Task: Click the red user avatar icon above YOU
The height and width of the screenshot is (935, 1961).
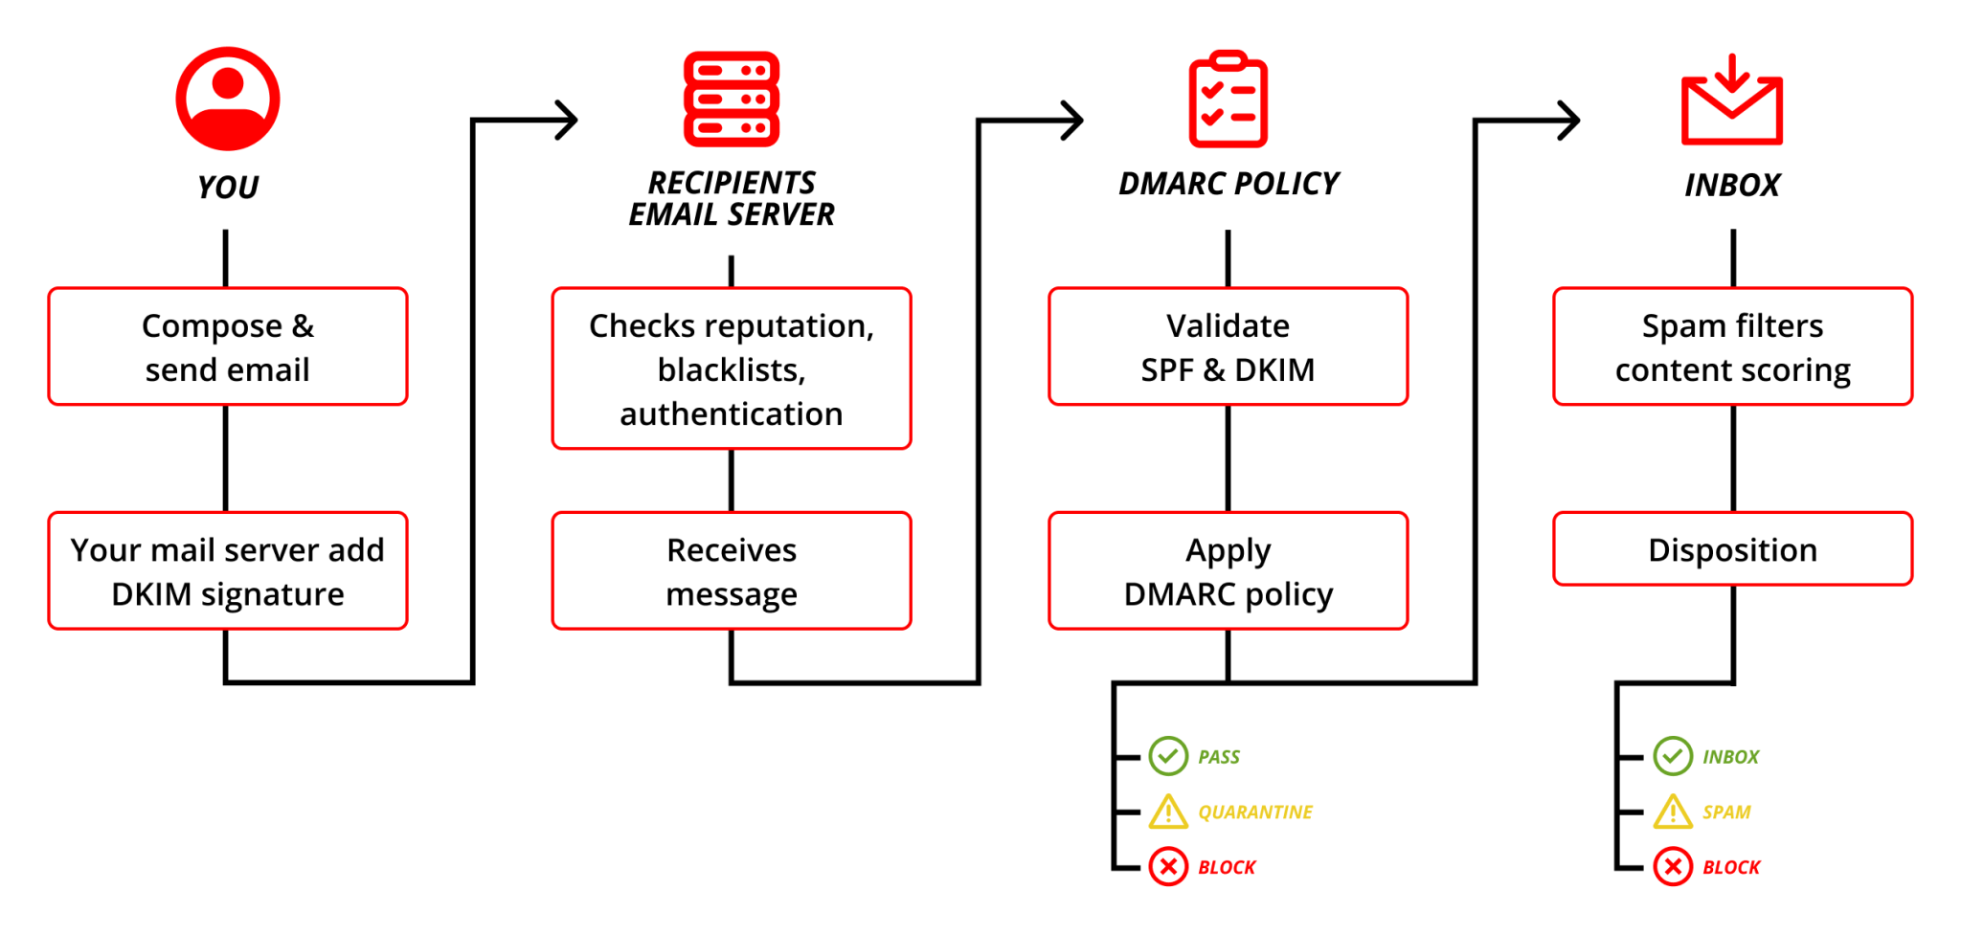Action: point(228,99)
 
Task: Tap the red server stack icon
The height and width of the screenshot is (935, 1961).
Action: point(732,99)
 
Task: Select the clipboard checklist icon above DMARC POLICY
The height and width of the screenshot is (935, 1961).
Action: point(1228,100)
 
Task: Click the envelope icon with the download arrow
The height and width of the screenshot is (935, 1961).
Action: point(1731,101)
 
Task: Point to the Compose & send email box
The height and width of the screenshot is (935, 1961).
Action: point(228,346)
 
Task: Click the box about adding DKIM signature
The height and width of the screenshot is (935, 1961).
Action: point(228,571)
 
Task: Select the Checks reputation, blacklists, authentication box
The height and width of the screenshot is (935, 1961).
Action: point(732,368)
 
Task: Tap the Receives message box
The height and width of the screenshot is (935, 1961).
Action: point(732,571)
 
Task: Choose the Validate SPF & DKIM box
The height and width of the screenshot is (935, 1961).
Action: point(1228,346)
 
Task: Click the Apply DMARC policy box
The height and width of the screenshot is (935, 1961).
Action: point(1228,571)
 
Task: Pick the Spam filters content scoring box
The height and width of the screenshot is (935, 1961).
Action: point(1732,346)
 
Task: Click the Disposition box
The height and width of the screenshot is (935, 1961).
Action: point(1732,549)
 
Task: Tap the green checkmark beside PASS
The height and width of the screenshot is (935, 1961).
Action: point(1168,756)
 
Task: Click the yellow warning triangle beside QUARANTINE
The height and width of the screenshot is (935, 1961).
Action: point(1168,813)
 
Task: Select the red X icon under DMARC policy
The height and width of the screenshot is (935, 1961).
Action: point(1168,867)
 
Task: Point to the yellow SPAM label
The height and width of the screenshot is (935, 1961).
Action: point(1725,813)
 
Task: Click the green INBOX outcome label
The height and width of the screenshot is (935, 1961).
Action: point(1730,757)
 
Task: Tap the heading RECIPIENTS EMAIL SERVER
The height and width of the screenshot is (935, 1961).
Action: point(732,198)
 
